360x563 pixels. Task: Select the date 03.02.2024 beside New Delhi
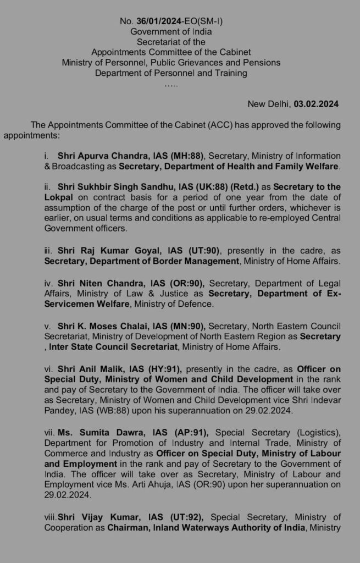[316, 103]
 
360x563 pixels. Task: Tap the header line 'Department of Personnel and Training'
[171, 73]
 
